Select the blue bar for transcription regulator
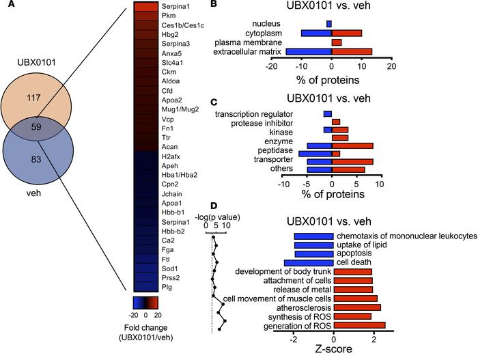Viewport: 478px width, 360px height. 327,114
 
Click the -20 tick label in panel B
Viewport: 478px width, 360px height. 270,68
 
